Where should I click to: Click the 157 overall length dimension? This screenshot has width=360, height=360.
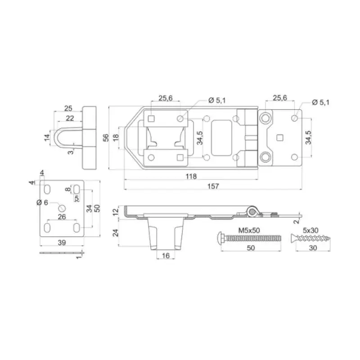213,186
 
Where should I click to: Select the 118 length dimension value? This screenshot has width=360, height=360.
191,176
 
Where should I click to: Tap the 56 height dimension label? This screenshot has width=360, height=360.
105,138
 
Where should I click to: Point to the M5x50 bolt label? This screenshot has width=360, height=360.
249,230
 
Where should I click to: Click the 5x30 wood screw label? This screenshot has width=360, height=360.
310,230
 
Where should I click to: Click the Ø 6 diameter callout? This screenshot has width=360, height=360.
42,202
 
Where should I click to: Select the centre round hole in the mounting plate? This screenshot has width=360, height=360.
62,208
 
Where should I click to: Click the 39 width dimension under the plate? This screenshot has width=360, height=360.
62,243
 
